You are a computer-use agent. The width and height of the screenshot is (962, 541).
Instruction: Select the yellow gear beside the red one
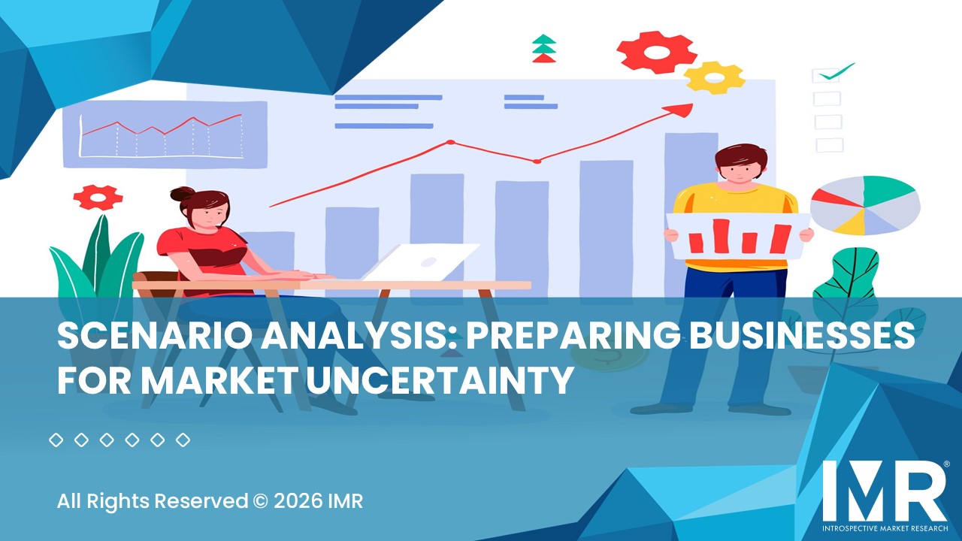(x=714, y=77)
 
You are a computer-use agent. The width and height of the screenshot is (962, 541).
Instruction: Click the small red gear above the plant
(x=98, y=197)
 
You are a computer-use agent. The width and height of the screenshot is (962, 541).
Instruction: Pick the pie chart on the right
(x=865, y=204)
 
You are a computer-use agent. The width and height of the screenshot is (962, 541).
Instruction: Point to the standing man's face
(x=740, y=171)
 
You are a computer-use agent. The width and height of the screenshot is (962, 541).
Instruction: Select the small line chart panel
(x=165, y=134)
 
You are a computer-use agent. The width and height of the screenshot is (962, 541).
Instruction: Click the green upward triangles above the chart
(x=543, y=48)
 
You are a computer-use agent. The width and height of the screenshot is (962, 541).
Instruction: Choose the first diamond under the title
(x=56, y=440)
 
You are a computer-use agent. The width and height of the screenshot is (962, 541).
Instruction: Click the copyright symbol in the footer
(x=261, y=500)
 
